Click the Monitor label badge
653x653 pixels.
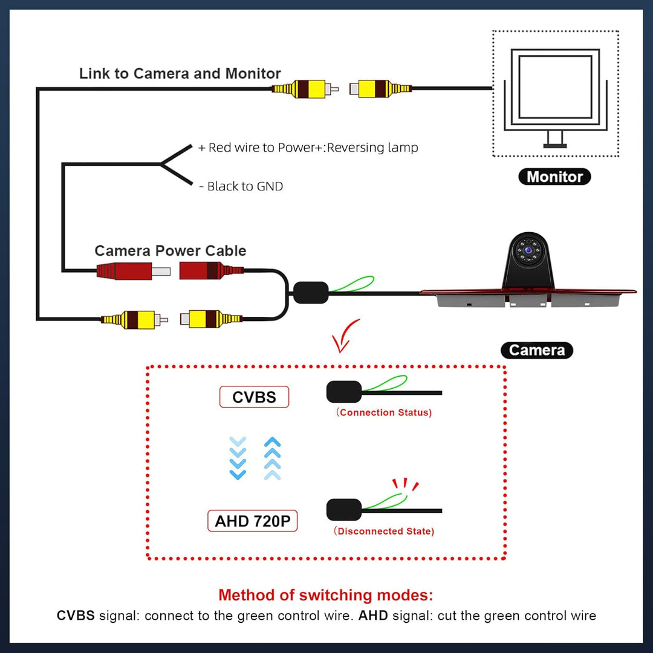pos(554,177)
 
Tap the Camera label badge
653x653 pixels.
pos(536,350)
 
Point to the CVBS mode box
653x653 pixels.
pos(254,397)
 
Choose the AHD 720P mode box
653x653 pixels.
pos(253,521)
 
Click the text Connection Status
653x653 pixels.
pos(384,412)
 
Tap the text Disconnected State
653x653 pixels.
pos(384,531)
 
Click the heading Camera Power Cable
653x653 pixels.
pos(171,250)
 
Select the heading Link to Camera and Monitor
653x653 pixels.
pos(180,74)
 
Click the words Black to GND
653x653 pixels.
pos(245,186)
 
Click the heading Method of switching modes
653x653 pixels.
pos(326,595)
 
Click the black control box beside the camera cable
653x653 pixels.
pos(311,293)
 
